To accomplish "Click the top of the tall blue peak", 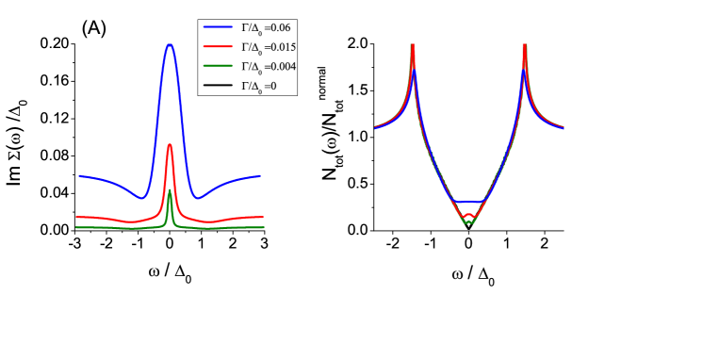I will (x=170, y=44).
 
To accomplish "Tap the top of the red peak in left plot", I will (x=170, y=144).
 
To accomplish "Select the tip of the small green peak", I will (x=170, y=190).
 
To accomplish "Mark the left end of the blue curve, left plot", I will (x=80, y=175).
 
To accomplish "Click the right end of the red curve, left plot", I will (x=263, y=217).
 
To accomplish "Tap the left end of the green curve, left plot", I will (x=76, y=227).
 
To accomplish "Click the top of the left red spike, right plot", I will (x=413, y=45).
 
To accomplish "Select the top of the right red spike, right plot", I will (x=525, y=45).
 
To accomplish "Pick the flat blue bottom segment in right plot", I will (x=468, y=202).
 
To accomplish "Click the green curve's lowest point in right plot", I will (x=468, y=223).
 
